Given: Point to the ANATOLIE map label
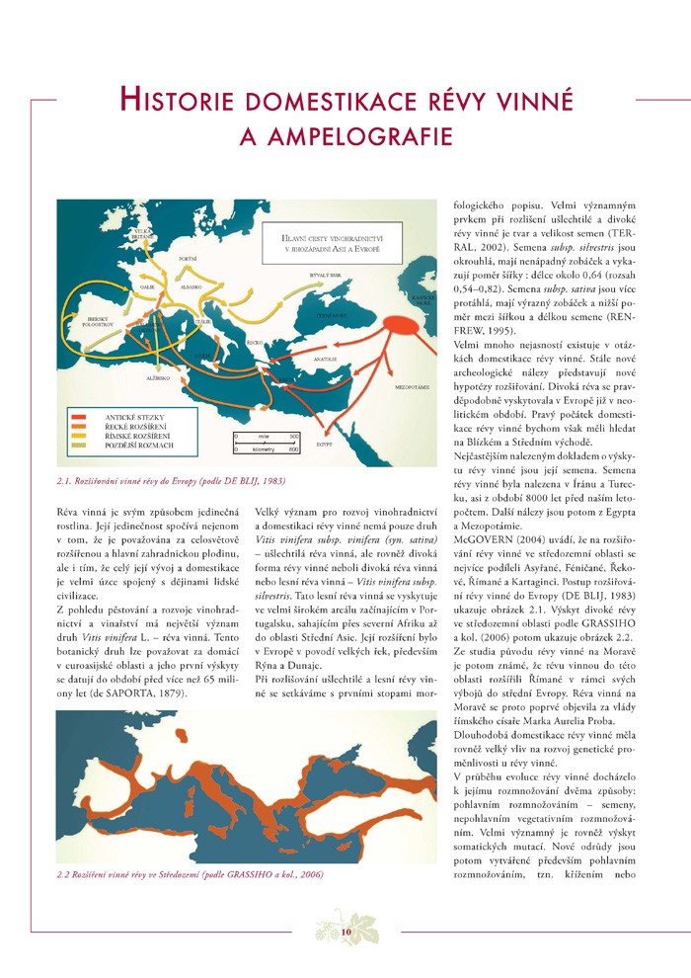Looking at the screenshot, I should coord(328,359).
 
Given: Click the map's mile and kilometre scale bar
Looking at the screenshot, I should coord(267,442).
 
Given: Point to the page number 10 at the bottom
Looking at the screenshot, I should coord(345,932).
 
